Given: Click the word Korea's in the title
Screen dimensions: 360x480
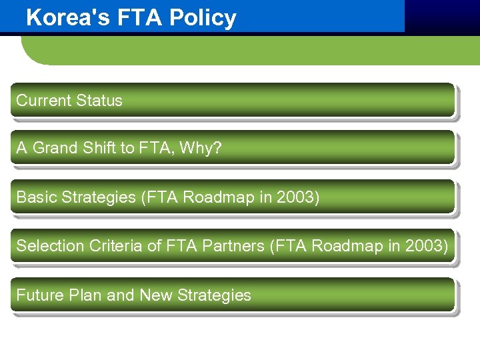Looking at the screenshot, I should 62,18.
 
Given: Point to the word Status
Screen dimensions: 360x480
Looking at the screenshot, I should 99,101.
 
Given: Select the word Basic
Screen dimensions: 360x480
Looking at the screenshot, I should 36,197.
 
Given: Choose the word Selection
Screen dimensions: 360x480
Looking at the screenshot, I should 45,246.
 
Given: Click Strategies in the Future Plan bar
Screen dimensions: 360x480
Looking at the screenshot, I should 213,295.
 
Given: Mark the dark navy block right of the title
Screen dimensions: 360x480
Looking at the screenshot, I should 442,16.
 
